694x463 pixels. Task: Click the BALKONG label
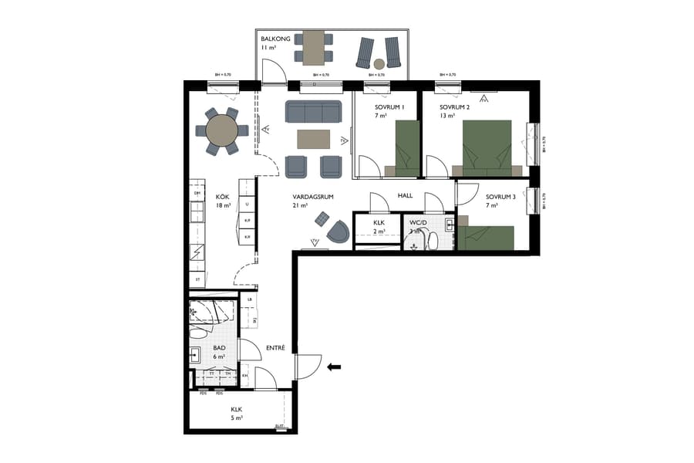(x=275, y=38)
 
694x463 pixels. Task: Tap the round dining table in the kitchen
(x=222, y=130)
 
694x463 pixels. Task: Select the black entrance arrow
(x=334, y=367)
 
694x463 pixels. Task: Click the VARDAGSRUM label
(x=312, y=197)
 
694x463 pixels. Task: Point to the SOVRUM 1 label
(x=389, y=106)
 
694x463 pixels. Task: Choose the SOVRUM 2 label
(x=454, y=106)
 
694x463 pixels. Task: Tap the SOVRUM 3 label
(x=493, y=196)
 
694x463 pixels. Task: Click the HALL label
(x=406, y=196)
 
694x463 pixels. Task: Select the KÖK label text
(x=223, y=197)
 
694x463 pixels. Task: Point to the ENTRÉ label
(x=276, y=348)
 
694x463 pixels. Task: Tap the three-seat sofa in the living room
(x=314, y=112)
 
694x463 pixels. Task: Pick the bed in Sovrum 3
(x=487, y=238)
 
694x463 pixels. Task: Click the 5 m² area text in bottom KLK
(x=237, y=418)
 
